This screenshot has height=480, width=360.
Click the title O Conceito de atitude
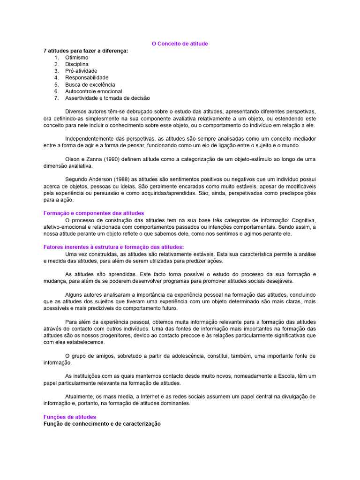pyautogui.click(x=180, y=44)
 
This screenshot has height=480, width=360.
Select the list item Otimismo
pyautogui.click(x=77, y=57)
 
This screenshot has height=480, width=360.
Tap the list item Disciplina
pyautogui.click(x=77, y=64)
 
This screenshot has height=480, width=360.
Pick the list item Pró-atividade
pyautogui.click(x=81, y=71)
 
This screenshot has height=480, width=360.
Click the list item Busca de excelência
pyautogui.click(x=90, y=84)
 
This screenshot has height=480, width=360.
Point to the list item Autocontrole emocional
pyautogui.click(x=93, y=91)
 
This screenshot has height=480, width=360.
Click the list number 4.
pyautogui.click(x=56, y=78)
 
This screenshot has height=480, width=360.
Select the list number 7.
pyautogui.click(x=56, y=98)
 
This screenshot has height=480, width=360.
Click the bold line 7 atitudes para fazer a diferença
pyautogui.click(x=86, y=51)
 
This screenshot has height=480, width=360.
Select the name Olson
pyautogui.click(x=73, y=159)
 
